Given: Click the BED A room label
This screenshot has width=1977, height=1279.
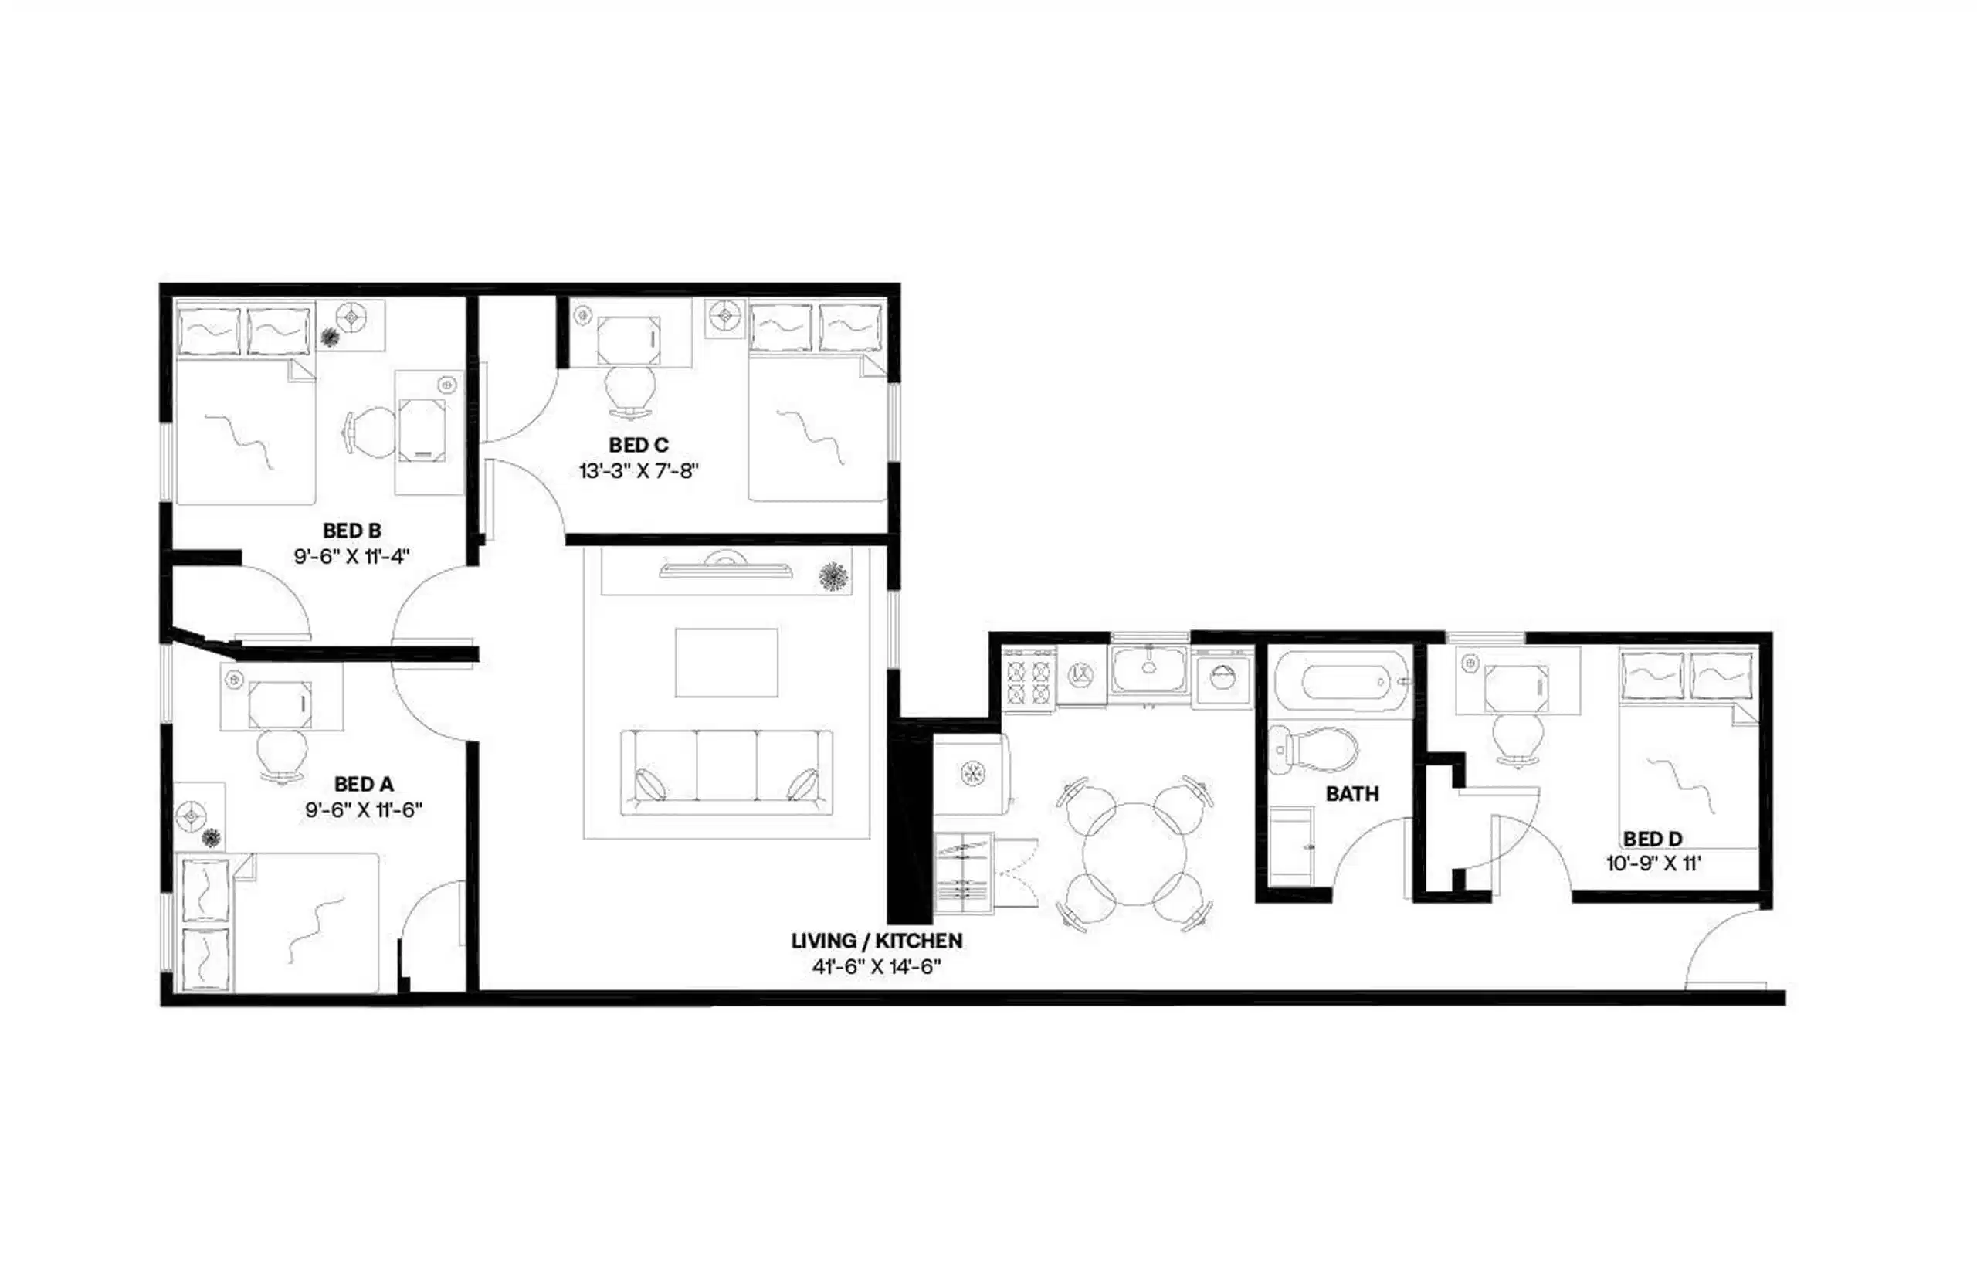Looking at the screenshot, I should [364, 783].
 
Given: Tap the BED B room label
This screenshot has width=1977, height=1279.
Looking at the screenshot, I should [352, 530].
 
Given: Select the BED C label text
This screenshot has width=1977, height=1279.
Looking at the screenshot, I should [639, 445].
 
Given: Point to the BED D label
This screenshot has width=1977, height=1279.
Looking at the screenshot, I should [1653, 839].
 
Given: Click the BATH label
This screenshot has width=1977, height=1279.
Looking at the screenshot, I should [1351, 794].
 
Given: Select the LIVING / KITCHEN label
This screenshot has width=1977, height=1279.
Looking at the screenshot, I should [876, 941].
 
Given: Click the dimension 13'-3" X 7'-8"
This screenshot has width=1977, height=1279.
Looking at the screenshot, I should [639, 471].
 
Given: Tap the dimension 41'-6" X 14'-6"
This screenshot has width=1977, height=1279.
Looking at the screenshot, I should [876, 967].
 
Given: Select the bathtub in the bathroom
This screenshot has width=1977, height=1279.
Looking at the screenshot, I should [1341, 682].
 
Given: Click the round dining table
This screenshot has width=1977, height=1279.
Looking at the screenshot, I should [1135, 853].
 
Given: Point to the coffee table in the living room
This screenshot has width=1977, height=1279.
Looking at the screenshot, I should [727, 662].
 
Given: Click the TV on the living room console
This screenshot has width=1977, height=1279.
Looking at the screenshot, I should [726, 569].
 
